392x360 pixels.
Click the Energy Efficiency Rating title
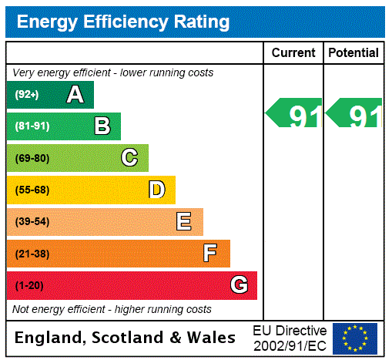click(x=123, y=22)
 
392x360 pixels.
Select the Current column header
click(x=293, y=53)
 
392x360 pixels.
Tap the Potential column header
click(x=353, y=53)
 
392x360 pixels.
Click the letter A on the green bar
click(x=75, y=95)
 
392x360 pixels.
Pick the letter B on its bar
click(x=102, y=126)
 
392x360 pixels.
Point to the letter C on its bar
click(x=129, y=158)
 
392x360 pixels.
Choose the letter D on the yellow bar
click(x=156, y=190)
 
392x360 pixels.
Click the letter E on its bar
click(x=184, y=222)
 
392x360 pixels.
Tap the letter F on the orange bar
click(x=210, y=254)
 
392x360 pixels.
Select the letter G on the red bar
click(x=239, y=285)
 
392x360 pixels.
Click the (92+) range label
click(x=27, y=95)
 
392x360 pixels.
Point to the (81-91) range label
click(x=32, y=126)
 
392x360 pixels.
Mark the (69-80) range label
click(x=32, y=158)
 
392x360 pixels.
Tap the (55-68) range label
click(x=32, y=190)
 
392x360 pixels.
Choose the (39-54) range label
click(x=32, y=222)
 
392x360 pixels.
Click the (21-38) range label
click(x=32, y=254)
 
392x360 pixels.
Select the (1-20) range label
click(x=29, y=285)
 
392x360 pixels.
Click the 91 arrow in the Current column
click(x=294, y=113)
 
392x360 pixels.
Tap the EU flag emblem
click(x=355, y=338)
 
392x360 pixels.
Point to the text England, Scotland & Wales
click(x=125, y=338)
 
